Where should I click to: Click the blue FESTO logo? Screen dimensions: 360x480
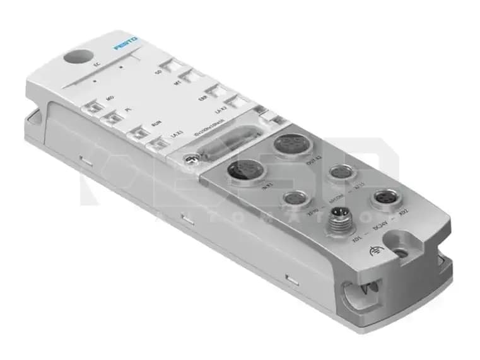coord(127,46)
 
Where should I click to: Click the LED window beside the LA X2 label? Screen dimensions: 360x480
coord(235,102)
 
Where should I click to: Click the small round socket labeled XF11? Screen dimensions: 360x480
coord(341,172)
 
